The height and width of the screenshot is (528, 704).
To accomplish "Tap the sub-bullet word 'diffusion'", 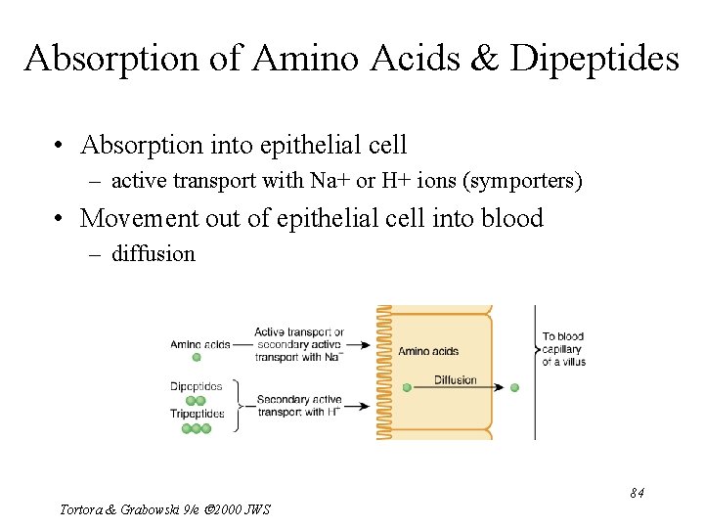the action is tap(154, 254).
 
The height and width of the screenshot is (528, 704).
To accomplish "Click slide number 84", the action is tap(637, 493).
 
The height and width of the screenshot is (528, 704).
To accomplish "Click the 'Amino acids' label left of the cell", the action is tap(199, 344).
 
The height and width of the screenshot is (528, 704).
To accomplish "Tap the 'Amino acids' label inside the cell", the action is tap(428, 351).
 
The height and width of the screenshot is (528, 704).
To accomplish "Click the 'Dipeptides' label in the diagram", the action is tap(196, 386).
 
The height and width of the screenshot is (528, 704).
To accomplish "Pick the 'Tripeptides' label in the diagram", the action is tap(197, 414).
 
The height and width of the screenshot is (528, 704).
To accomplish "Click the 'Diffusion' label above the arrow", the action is tap(455, 379).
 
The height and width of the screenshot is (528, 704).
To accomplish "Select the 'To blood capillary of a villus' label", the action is tap(564, 349).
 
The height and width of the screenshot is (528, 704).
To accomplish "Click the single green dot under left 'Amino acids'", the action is tap(197, 358).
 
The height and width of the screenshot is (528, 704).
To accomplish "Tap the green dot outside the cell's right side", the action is tap(514, 388).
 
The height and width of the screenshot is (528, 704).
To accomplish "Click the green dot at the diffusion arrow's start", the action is tap(407, 388).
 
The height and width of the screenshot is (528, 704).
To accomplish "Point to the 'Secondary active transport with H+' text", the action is tap(298, 406).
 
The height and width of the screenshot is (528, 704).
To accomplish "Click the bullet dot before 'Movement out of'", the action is tap(61, 218).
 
